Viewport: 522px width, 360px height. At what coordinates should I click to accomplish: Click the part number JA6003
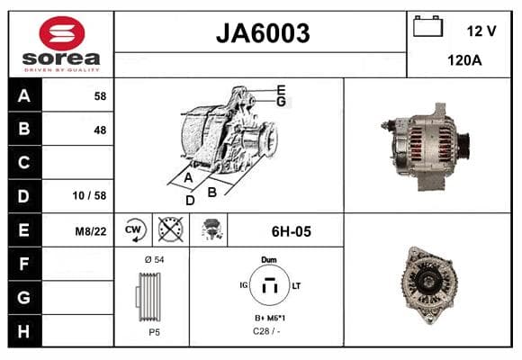click(263, 33)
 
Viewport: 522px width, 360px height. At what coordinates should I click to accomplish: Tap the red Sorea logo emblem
click(62, 33)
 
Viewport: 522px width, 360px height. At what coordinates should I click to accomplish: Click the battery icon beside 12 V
click(427, 26)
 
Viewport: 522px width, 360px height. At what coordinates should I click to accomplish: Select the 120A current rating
click(464, 60)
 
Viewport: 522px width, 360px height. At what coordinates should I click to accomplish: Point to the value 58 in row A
click(100, 96)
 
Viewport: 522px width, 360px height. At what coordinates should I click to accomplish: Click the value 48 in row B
click(100, 130)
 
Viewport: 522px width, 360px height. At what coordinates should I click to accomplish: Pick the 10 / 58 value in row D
click(89, 195)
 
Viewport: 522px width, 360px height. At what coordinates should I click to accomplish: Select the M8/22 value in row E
click(91, 231)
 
